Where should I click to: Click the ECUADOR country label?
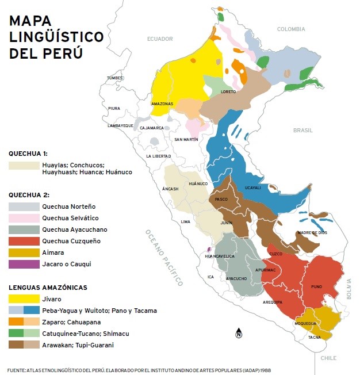[x=160, y=39]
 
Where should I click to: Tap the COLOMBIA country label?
[x=290, y=29]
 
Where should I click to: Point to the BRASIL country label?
[x=302, y=131]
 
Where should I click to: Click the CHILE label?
[x=328, y=358]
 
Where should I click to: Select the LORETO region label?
[x=228, y=91]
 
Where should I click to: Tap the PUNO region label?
[x=316, y=286]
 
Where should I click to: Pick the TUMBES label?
[x=115, y=78]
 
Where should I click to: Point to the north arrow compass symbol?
[x=239, y=334]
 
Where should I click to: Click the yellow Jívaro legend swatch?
[x=24, y=299]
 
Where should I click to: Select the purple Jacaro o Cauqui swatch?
[x=24, y=264]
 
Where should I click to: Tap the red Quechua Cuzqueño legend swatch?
[x=24, y=241]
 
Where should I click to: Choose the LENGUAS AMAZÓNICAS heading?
[x=47, y=287]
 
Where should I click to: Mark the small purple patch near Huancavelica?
[x=209, y=250]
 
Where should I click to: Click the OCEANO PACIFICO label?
[x=163, y=257]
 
